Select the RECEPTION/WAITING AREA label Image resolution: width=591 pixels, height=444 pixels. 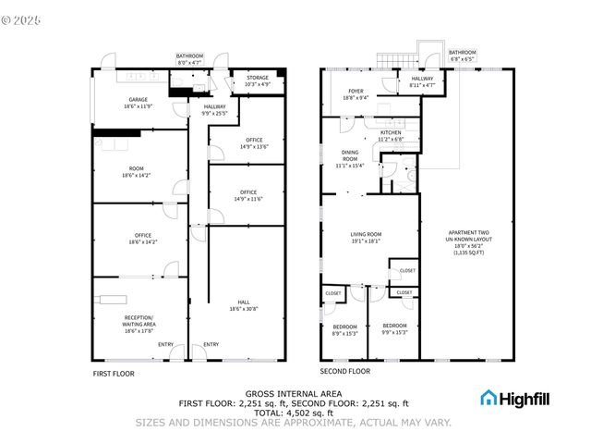coord(139,320)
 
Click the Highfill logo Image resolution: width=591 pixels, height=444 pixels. coord(513,398)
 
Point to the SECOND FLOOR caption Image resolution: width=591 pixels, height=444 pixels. coord(344,371)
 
